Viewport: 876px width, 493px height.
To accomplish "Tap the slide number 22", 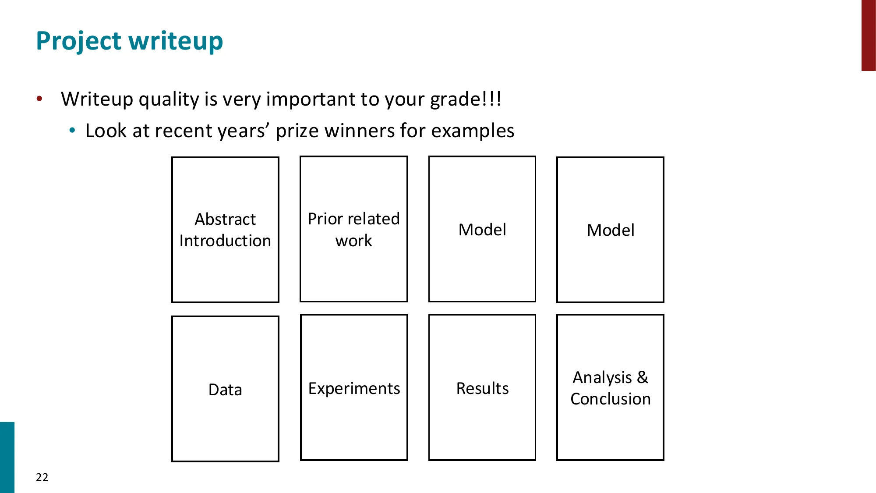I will [x=42, y=477].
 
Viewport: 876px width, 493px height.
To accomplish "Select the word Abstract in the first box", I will [x=225, y=219].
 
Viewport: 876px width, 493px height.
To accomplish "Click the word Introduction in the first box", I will [x=225, y=241].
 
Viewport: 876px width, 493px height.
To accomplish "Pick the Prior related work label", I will [x=353, y=229].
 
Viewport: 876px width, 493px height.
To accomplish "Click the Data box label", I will [x=225, y=390].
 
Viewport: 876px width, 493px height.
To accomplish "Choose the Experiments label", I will [x=354, y=388].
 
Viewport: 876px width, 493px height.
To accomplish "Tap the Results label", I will [x=482, y=388].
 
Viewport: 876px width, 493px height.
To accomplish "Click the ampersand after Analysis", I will [x=643, y=377].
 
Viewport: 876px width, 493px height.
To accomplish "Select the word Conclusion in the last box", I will [x=610, y=399].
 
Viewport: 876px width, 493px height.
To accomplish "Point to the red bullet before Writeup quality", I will [x=39, y=99].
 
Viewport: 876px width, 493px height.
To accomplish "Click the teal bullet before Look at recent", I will [x=72, y=130].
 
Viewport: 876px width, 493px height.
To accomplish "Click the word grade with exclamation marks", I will [x=465, y=99].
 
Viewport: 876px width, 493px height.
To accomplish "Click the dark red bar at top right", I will [x=868, y=35].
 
